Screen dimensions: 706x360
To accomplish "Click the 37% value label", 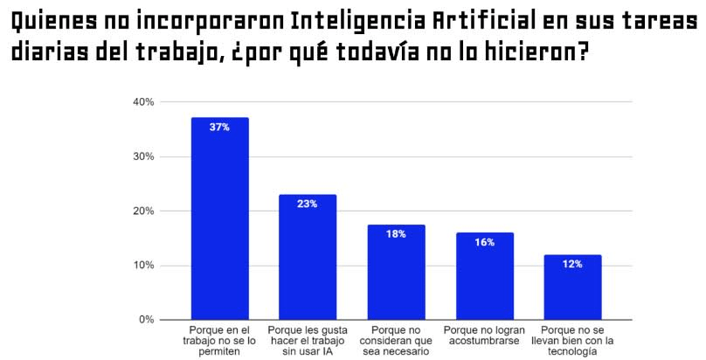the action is (x=219, y=128).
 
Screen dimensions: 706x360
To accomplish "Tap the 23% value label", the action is (x=307, y=204).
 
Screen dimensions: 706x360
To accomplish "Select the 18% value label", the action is (x=396, y=234).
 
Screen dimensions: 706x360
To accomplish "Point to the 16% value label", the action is (x=484, y=242).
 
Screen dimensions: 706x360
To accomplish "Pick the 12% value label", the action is (x=572, y=264).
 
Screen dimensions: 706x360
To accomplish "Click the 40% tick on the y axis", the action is (x=143, y=102).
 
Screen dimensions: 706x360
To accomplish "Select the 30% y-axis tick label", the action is (x=143, y=156).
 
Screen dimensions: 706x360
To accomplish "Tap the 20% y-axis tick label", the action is (x=143, y=211).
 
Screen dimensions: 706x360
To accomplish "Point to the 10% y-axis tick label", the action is (x=143, y=266).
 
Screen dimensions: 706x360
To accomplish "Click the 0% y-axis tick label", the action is (x=146, y=320).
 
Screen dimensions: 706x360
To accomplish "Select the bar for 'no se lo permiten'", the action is (x=219, y=218).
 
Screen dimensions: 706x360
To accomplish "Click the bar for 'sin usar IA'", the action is (x=308, y=257).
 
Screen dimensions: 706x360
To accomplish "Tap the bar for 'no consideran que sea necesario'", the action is (x=396, y=273).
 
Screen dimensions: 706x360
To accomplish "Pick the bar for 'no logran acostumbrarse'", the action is (x=484, y=276).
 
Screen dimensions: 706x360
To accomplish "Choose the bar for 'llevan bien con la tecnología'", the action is (x=572, y=287).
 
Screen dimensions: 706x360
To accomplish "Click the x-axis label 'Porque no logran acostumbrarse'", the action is (x=484, y=336).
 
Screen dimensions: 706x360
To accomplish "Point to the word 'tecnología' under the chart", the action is (x=572, y=352).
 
